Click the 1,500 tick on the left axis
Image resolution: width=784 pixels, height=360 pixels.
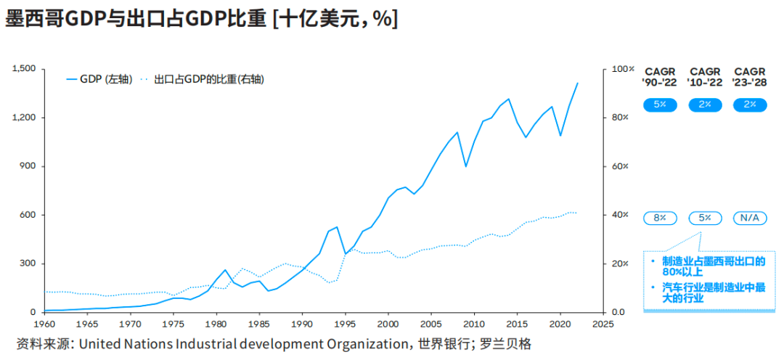pyautogui.click(x=25, y=69)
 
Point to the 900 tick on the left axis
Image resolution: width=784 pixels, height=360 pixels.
pyautogui.click(x=28, y=166)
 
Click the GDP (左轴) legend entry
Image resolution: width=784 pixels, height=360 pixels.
pyautogui.click(x=99, y=79)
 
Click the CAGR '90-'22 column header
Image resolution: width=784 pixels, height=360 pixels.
pyautogui.click(x=660, y=77)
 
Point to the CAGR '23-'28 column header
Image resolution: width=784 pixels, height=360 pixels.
pyautogui.click(x=750, y=77)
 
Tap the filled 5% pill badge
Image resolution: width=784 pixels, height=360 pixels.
pyautogui.click(x=660, y=105)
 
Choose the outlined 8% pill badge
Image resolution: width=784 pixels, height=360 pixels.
pyautogui.click(x=660, y=218)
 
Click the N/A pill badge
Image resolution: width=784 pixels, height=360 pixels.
pyautogui.click(x=750, y=218)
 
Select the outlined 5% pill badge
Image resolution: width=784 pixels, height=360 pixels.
pyautogui.click(x=705, y=218)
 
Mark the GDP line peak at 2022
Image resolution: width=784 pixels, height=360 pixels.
pyautogui.click(x=578, y=83)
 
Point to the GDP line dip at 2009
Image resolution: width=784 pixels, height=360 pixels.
pyautogui.click(x=466, y=166)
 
